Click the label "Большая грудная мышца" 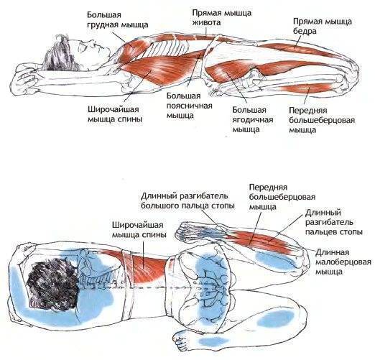pos(117,20)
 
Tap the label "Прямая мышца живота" pos(222,17)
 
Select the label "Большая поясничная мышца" pos(190,106)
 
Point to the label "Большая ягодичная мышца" pos(253,120)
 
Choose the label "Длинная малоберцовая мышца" pos(343,262)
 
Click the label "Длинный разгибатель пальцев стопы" pos(333,222)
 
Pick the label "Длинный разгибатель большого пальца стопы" pos(187,201)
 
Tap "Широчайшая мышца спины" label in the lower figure pos(139,230)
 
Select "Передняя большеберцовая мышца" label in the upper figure pos(322,120)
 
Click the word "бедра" pos(305,31)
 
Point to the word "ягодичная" pos(253,120)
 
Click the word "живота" pos(207,22)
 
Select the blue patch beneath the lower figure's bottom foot pos(214,341)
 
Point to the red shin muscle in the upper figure pos(307,88)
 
